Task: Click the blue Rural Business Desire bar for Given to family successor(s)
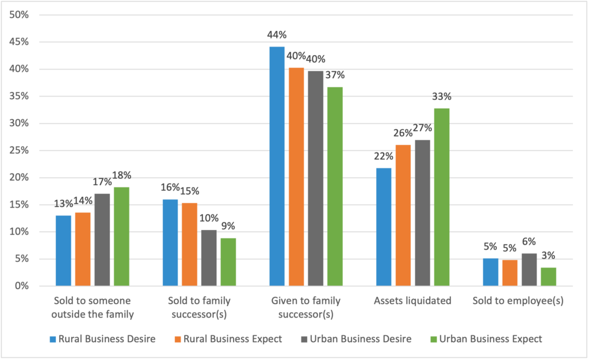coord(277,166)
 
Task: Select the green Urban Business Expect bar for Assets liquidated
coord(442,197)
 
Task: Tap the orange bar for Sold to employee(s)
coord(510,273)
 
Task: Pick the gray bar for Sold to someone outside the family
coord(102,240)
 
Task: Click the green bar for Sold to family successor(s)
coord(228,262)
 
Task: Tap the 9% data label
coord(228,226)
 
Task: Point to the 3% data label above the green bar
coord(549,256)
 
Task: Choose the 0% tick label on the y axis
coord(22,286)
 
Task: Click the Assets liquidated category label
coord(412,301)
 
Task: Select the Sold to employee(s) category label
coord(518,301)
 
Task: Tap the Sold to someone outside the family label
coord(93,307)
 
